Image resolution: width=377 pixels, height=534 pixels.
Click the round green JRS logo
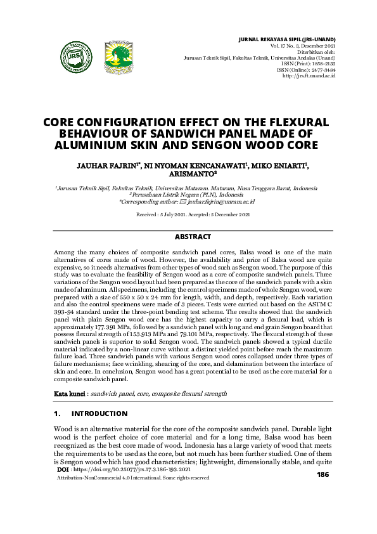click(x=76, y=56)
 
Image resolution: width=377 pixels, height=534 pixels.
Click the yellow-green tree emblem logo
click(x=118, y=56)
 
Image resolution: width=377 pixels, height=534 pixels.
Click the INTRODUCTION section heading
click(x=100, y=414)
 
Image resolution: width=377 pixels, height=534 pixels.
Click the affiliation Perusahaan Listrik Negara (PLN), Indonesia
click(x=188, y=195)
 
